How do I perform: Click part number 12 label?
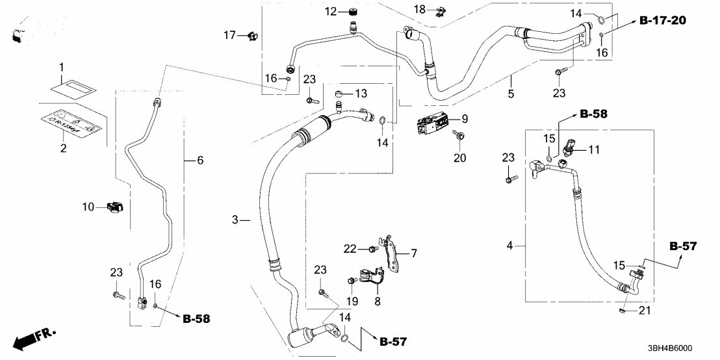331,11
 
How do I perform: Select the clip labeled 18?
441,10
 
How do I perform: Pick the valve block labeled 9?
433,123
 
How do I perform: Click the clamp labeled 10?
113,208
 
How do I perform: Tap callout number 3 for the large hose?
236,221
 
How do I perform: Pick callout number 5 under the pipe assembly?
511,95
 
